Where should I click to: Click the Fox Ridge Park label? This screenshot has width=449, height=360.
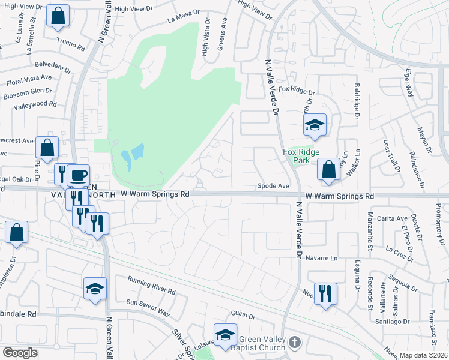299,157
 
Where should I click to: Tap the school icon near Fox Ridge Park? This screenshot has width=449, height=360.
315,125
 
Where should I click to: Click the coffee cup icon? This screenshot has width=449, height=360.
78,176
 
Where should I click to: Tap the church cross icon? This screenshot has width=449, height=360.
294,342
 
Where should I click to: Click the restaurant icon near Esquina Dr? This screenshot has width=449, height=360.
325,294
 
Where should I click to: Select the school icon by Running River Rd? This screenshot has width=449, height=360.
95,289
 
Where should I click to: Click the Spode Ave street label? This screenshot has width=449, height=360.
273,186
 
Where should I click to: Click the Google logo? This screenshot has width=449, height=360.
20,353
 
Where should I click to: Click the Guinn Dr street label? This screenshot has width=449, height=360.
243,316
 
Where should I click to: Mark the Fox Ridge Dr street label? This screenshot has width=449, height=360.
296,91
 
